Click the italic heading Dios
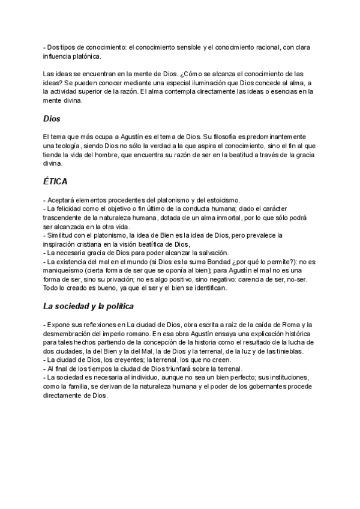[53, 119]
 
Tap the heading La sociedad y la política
[88, 306]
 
